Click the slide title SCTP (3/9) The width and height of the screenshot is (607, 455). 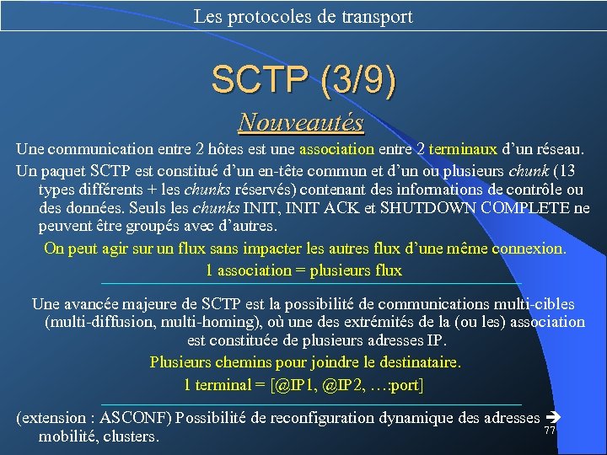303,80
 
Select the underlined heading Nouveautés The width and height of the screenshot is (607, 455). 301,123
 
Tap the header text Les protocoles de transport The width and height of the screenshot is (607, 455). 303,16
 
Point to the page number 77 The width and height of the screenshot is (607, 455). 549,431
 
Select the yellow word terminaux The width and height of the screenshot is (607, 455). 462,149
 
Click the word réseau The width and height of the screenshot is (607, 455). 557,149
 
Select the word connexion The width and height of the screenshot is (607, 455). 531,249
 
